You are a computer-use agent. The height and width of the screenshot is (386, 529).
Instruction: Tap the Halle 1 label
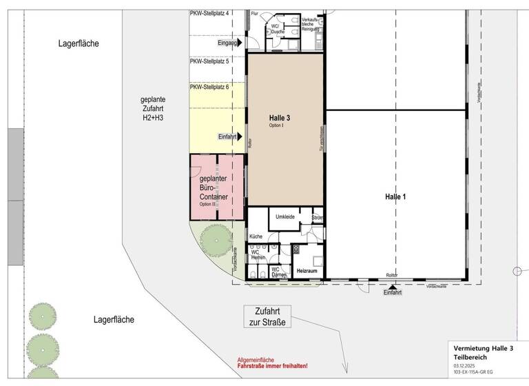[395, 197]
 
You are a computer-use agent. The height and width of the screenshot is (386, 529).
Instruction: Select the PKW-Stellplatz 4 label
[209, 13]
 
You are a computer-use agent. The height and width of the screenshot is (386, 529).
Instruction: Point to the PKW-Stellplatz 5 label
[209, 61]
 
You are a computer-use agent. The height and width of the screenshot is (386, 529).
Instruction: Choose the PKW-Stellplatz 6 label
[209, 87]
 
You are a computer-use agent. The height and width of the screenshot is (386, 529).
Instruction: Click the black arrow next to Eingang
[240, 43]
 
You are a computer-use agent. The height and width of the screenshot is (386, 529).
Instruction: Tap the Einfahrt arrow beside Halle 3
[240, 136]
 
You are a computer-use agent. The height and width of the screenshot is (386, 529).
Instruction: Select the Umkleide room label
[285, 216]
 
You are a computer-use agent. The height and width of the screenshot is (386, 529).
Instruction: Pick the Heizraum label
[306, 272]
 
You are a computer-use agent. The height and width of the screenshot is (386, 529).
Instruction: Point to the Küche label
[256, 236]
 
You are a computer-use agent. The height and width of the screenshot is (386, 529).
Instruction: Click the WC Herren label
[258, 254]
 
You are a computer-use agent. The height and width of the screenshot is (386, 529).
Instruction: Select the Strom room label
[317, 218]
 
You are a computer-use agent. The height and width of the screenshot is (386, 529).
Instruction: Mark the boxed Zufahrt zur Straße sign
[267, 316]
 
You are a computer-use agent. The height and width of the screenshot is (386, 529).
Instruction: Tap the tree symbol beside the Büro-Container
[217, 241]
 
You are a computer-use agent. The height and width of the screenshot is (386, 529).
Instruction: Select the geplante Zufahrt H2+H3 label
[152, 108]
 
